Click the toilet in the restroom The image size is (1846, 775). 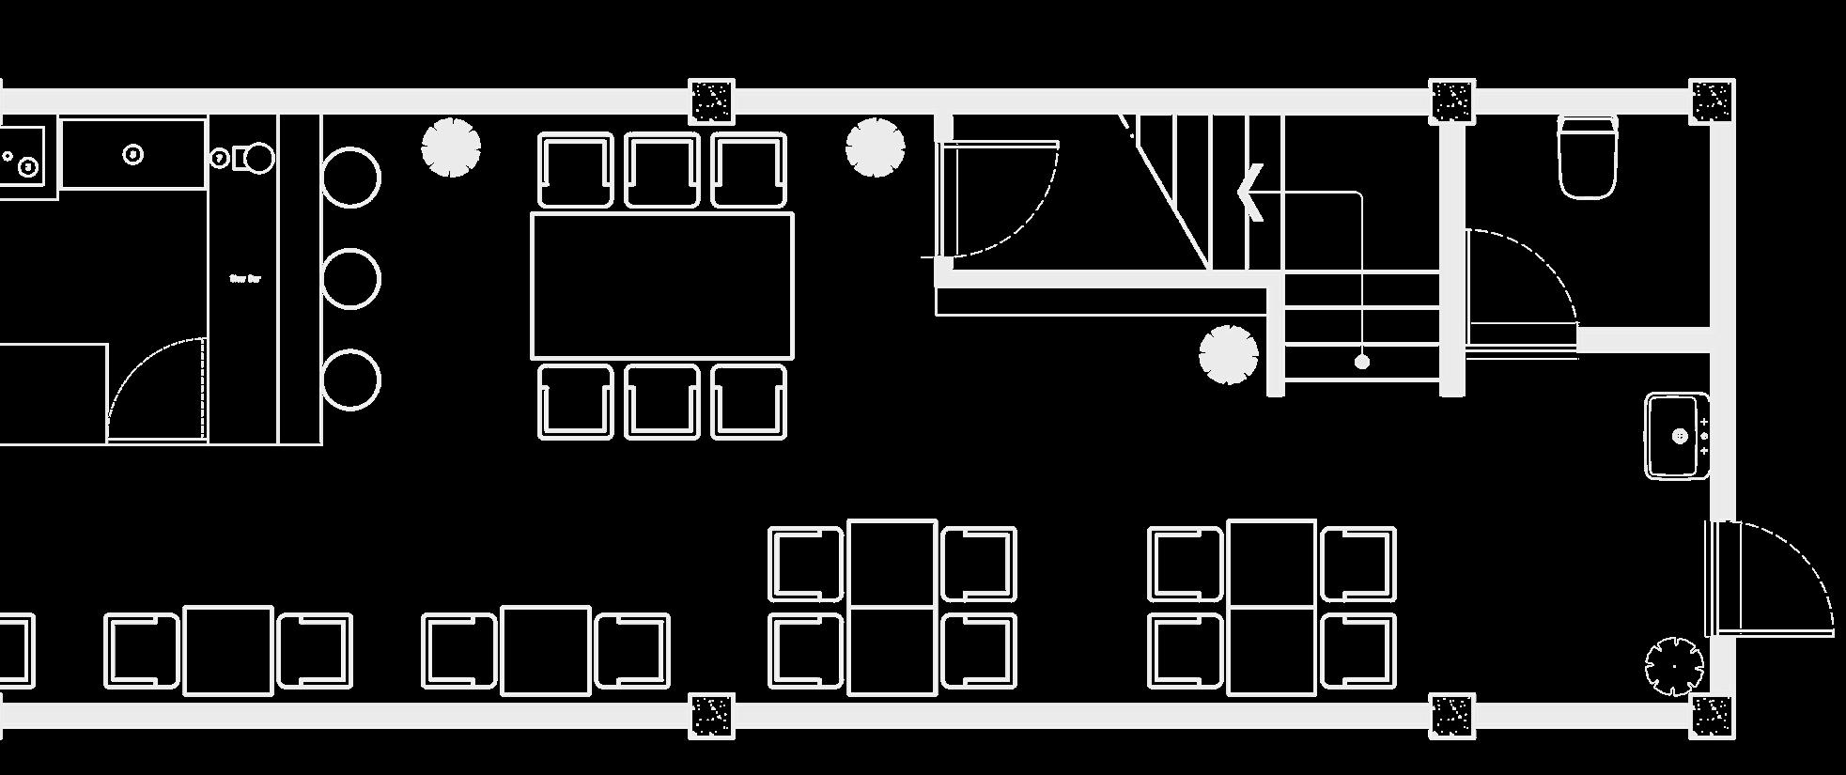1588,157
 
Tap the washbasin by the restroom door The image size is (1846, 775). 1677,437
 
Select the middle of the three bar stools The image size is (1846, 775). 350,279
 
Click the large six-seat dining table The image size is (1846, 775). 662,286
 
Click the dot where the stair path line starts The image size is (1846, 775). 1361,362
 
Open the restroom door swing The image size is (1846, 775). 1522,282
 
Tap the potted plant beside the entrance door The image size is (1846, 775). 1673,666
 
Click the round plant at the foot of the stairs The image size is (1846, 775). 1228,355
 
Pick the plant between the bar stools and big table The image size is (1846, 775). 451,147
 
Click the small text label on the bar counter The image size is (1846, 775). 245,279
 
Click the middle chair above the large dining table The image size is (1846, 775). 662,170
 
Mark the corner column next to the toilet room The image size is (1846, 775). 1711,101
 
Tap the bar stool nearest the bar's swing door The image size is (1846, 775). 350,380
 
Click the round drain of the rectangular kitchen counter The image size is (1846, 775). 133,154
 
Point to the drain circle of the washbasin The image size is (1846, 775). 1681,437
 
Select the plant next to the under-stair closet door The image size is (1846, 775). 875,147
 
